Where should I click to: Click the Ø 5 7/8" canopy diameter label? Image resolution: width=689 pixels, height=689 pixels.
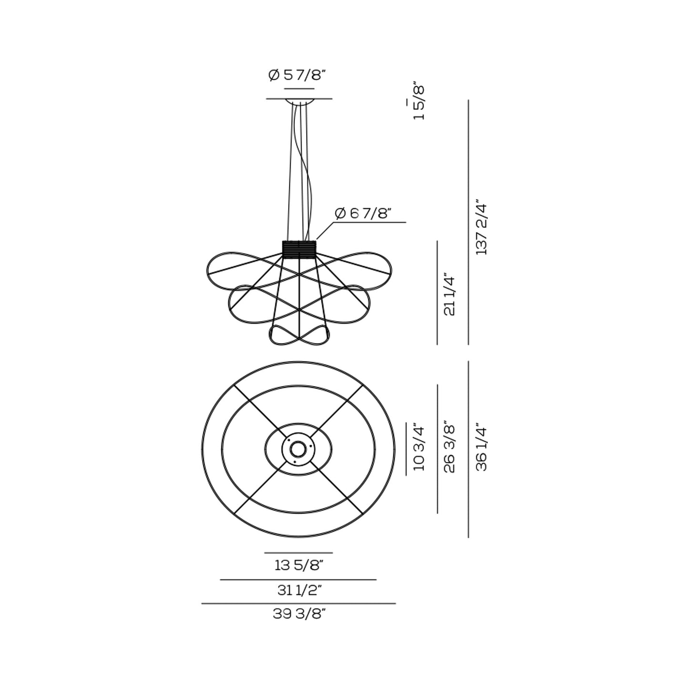(x=297, y=75)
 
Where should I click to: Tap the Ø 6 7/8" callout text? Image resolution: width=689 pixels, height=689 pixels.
(x=363, y=213)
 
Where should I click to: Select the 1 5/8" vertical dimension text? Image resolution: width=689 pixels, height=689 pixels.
(x=419, y=103)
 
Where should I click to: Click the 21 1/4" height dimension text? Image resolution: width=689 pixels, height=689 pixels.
(x=450, y=294)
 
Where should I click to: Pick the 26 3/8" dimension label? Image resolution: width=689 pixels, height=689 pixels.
(x=450, y=447)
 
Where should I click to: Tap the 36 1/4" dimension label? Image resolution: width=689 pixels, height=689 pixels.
(x=482, y=448)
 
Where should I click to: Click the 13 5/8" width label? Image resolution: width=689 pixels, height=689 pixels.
(x=299, y=566)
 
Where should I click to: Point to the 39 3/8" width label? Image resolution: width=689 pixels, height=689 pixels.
(x=299, y=614)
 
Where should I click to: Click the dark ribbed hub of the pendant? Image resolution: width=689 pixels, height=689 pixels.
(x=299, y=248)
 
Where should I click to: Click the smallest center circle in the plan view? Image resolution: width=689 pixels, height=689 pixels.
(x=298, y=448)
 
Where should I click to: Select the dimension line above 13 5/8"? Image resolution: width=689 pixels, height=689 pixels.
(x=298, y=553)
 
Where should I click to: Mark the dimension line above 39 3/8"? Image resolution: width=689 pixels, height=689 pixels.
(x=298, y=604)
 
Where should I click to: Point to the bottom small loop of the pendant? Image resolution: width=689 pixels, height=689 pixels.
(x=299, y=335)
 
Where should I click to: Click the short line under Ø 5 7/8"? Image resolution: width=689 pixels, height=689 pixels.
(x=299, y=89)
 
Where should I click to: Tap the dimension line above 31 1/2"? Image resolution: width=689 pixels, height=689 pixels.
(x=298, y=580)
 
